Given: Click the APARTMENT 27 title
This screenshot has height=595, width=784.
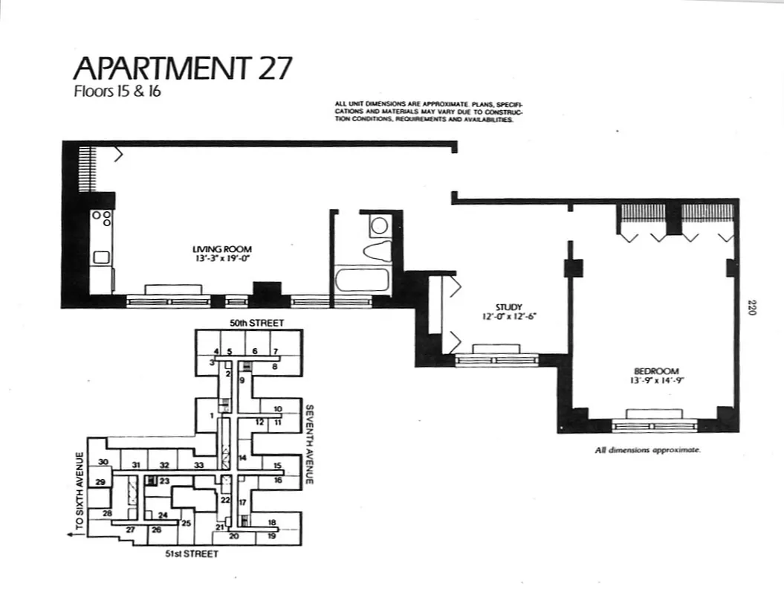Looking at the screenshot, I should point(183,68).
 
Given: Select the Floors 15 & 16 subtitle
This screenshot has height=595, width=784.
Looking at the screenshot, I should point(117,93).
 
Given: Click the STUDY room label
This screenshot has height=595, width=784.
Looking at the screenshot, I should point(510,306).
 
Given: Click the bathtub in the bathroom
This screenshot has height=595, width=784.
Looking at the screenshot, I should point(361,280).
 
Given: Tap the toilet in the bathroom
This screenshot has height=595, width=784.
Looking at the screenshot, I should point(378,249).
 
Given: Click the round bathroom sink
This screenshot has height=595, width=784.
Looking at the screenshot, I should point(380,225).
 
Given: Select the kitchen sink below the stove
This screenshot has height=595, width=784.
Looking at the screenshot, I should point(100,257).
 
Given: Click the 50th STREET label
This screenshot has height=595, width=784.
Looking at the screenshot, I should point(256,324).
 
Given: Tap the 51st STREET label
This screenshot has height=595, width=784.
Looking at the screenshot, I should point(192,555).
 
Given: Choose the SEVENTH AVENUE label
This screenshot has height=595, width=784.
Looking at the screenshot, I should point(311,444).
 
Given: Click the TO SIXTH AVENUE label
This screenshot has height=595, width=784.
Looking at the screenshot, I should point(80,495).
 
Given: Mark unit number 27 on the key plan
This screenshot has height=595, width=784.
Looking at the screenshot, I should point(130,530).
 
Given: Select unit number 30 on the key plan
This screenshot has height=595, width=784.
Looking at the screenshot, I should point(103,462).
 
